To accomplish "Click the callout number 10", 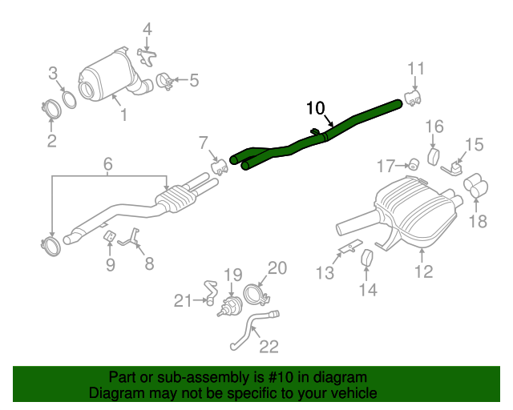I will coord(316,107).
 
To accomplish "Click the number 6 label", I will coord(107,166).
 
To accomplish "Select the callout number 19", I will coord(232,276).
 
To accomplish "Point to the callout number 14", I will coord(367,290).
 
